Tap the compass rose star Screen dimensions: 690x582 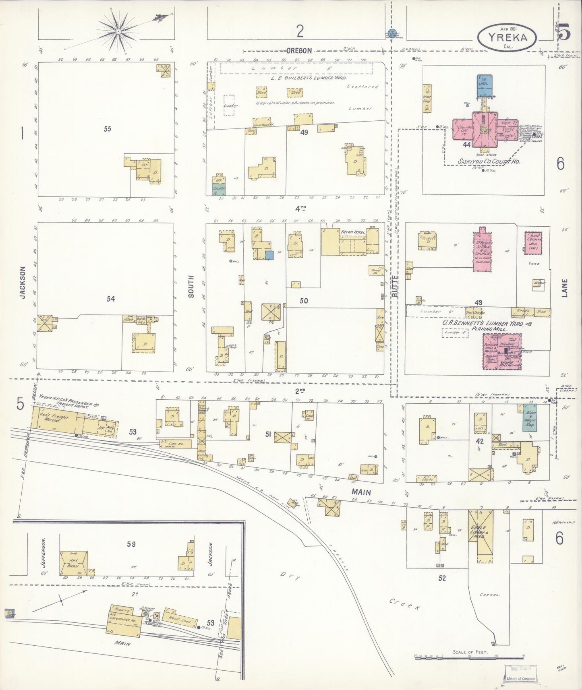(x=118, y=31)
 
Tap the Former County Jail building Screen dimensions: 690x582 (x=533, y=242)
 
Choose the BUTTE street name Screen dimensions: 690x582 (x=395, y=286)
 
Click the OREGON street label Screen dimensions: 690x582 (x=299, y=51)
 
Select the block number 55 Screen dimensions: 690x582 (x=107, y=129)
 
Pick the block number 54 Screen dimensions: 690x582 (x=111, y=299)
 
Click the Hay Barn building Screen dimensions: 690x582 (x=74, y=562)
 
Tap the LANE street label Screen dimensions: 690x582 (x=564, y=288)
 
